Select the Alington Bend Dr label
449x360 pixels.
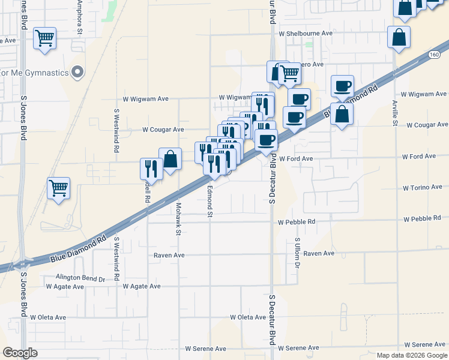click(x=80, y=278)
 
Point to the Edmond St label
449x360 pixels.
click(x=210, y=202)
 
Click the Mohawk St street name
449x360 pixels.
click(x=178, y=210)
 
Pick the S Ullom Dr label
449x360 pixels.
click(x=297, y=253)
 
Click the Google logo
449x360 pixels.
click(x=20, y=353)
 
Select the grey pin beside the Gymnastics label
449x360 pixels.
click(x=76, y=73)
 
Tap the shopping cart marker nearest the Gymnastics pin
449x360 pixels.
click(x=45, y=38)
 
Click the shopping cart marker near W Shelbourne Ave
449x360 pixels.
click(x=289, y=73)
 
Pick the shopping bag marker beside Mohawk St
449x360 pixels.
click(x=170, y=160)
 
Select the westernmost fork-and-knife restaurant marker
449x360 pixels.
click(x=151, y=169)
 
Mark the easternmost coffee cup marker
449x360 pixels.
click(x=342, y=86)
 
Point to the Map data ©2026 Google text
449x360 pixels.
click(x=411, y=355)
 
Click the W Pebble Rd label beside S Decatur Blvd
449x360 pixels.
click(x=297, y=222)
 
